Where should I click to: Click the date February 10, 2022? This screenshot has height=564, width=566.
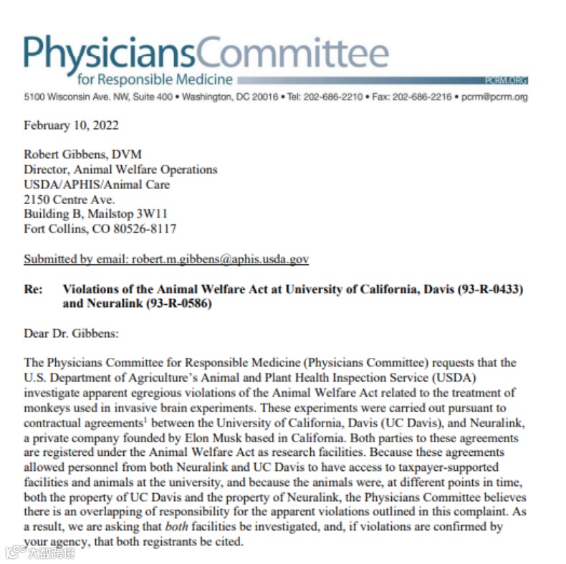[71, 125]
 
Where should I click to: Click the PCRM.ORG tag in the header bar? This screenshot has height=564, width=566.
[506, 81]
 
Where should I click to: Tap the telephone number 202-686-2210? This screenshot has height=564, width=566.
[337, 97]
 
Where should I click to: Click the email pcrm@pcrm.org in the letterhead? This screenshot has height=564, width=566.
[495, 97]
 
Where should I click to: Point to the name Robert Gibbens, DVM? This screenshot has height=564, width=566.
[83, 155]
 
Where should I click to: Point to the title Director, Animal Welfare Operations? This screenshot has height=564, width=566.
[120, 170]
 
